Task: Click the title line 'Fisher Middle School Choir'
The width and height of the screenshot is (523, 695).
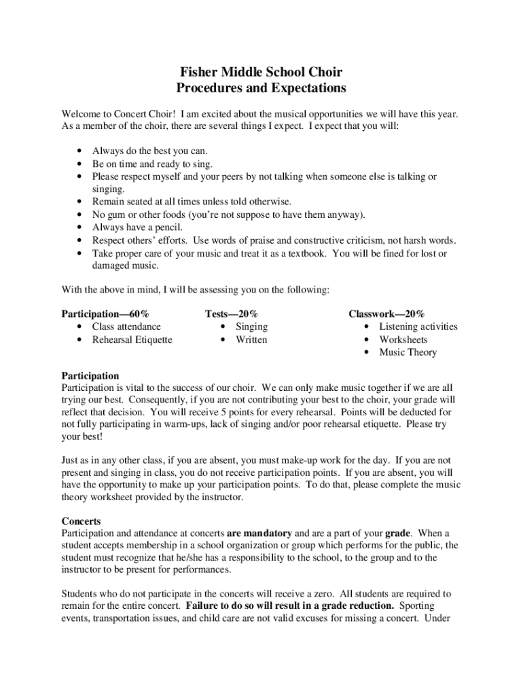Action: tap(261, 71)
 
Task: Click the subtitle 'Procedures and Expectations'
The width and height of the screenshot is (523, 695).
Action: tap(261, 88)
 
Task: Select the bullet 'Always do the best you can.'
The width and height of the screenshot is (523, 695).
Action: tap(150, 151)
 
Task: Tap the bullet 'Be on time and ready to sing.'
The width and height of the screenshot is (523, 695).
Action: tap(152, 164)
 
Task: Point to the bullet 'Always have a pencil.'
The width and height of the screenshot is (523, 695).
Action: tap(137, 227)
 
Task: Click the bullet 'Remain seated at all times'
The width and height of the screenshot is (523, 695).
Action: tap(192, 202)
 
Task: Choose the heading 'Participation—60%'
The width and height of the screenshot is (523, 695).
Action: tap(105, 314)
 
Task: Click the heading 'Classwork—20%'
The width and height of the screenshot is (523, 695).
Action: tap(386, 314)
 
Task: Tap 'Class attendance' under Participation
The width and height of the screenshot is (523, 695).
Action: tap(126, 326)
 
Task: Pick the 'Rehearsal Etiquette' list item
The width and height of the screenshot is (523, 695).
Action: tap(132, 339)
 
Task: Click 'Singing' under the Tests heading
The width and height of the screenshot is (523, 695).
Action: tap(251, 326)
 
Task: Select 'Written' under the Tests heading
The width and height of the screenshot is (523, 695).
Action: tap(251, 339)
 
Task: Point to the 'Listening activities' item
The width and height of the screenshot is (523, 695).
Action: tap(418, 326)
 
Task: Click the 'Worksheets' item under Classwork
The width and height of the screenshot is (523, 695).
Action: tap(403, 339)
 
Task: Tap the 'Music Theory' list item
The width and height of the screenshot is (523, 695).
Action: tap(408, 352)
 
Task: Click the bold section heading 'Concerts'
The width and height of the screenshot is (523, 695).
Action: tap(81, 521)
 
